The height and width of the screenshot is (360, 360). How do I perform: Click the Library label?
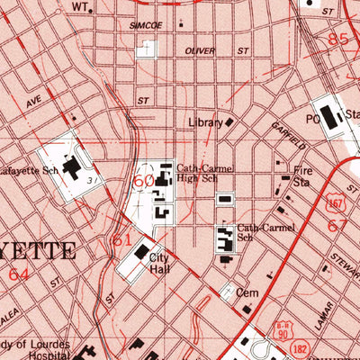pos(205,122)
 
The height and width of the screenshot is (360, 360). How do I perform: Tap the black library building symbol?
pos(229,121)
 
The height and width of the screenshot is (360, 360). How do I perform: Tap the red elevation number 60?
pos(143,181)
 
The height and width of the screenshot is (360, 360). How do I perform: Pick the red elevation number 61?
pos(122,241)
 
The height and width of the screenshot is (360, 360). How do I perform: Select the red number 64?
pos(19,273)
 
